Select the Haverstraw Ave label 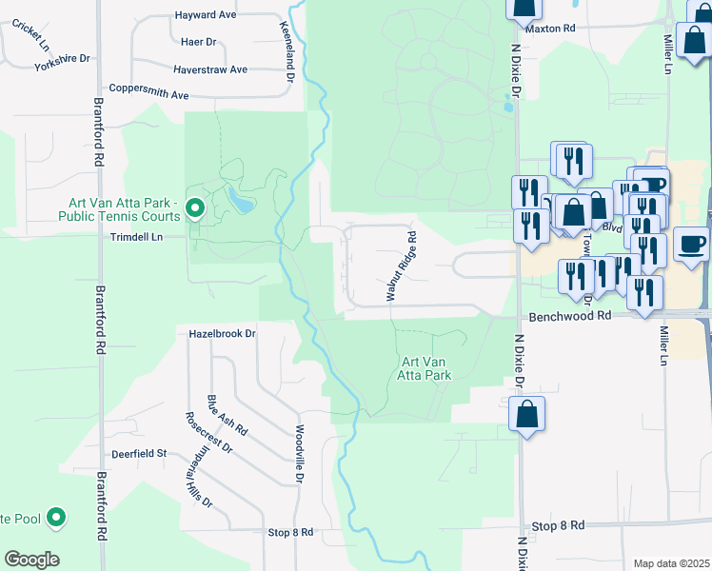(210, 69)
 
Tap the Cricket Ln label (30, 33)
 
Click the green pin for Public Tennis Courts (195, 207)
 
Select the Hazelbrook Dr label (224, 334)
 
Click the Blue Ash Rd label (228, 416)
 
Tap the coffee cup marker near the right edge (691, 244)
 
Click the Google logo (31, 560)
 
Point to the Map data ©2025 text (670, 563)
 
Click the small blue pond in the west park (239, 201)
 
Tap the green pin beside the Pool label (57, 518)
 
